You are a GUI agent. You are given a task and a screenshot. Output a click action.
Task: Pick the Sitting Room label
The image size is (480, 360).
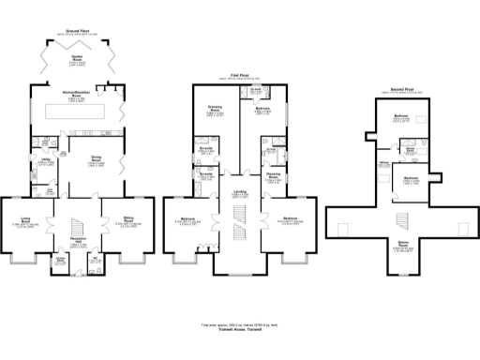[x=127, y=223]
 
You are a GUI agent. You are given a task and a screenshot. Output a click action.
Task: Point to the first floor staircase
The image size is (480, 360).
[x=240, y=225]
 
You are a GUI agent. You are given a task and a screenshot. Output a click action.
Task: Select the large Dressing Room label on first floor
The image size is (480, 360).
[x=215, y=109]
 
